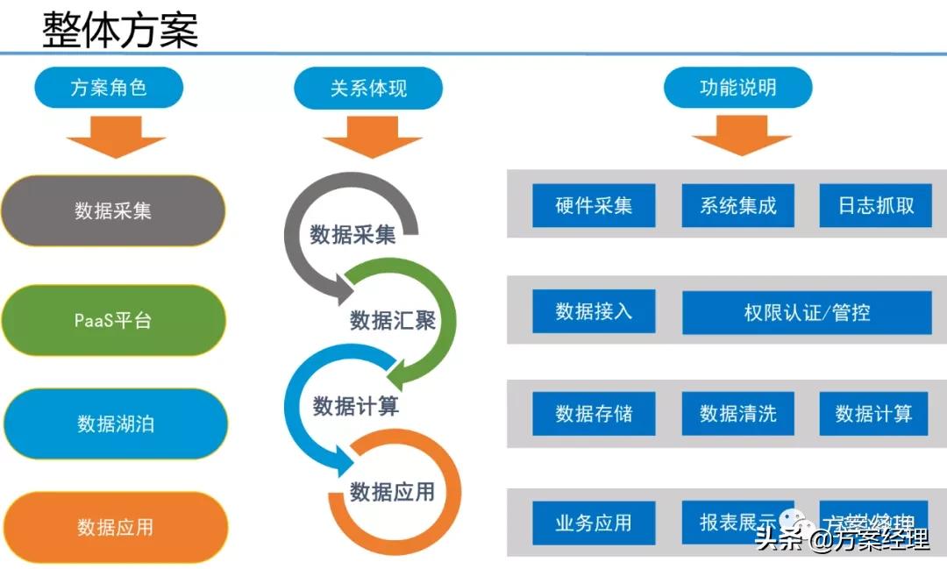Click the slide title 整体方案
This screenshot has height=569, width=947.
coord(121,29)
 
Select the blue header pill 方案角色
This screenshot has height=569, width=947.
coord(109,88)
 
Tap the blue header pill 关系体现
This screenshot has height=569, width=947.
coord(368,88)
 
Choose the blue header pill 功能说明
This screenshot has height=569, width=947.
coord(737,88)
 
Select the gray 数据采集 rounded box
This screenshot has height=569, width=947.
coord(113,211)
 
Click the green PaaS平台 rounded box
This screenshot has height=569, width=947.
coord(113,320)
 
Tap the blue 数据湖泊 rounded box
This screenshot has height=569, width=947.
coord(115,424)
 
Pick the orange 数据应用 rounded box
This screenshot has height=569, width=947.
coord(115,527)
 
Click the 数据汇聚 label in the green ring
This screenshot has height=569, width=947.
coord(393,320)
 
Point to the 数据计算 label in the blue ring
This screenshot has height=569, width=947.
coord(356,406)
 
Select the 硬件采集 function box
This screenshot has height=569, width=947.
coord(594,206)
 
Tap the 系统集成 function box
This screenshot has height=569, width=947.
coord(738,206)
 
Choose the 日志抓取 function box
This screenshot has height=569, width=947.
coord(875,206)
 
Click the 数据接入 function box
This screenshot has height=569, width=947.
coord(594,311)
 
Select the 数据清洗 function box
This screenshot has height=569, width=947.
coord(738,414)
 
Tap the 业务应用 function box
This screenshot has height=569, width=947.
coord(594,523)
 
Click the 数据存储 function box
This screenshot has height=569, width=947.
coord(594,414)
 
